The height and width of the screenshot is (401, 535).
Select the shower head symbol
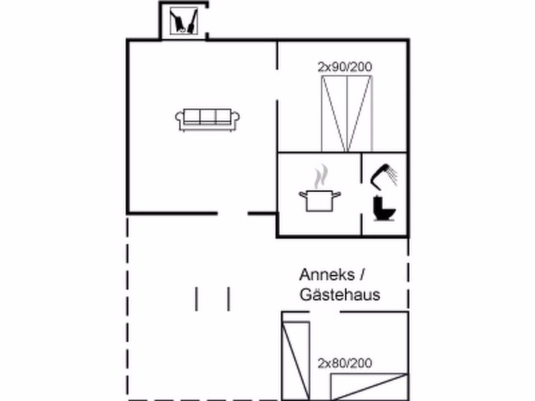pyautogui.click(x=384, y=176)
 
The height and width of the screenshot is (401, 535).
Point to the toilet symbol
pyautogui.click(x=384, y=208)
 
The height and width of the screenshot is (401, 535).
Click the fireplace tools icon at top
pyautogui.click(x=184, y=21)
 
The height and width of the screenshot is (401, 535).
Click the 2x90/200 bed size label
pyautogui.click(x=345, y=67)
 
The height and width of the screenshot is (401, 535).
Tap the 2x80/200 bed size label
pyautogui.click(x=345, y=363)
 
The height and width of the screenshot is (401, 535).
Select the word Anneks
pyautogui.click(x=327, y=275)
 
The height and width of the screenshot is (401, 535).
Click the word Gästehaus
pyautogui.click(x=340, y=295)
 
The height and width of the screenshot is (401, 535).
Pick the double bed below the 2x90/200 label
pyautogui.click(x=347, y=114)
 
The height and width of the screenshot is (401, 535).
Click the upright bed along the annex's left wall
pyautogui.click(x=296, y=360)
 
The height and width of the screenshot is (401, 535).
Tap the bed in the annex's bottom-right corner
pyautogui.click(x=369, y=387)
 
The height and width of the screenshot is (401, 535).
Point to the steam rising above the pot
pyautogui.click(x=321, y=176)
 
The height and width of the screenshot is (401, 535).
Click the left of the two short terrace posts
pyautogui.click(x=196, y=299)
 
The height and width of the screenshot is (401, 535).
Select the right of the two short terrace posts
pyautogui.click(x=229, y=299)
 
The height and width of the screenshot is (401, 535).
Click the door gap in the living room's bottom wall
pyautogui.click(x=232, y=214)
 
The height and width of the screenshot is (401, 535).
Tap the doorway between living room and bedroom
pyautogui.click(x=277, y=85)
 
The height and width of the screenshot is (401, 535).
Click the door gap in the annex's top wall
pyautogui.click(x=324, y=312)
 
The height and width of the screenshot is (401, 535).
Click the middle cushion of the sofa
pyautogui.click(x=208, y=116)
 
